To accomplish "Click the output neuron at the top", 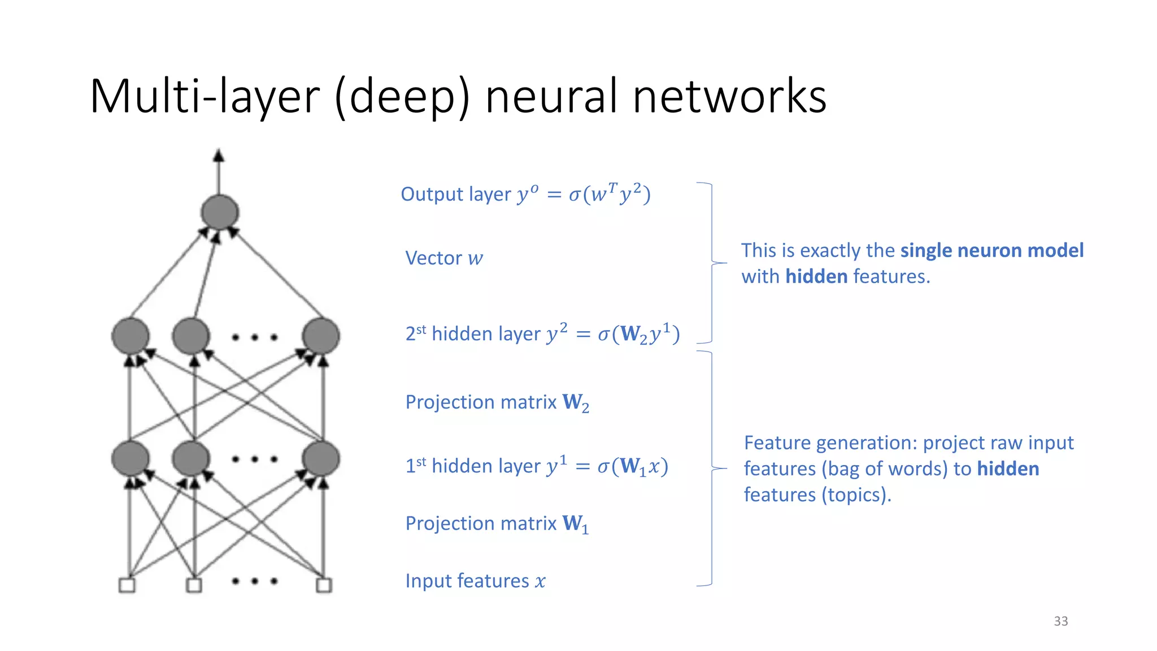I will coord(220,212).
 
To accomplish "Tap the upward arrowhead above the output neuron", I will coord(219,155).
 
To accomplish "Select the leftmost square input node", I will coord(127,585).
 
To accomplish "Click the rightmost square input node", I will coord(324,585).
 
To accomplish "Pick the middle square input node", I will coord(194,585).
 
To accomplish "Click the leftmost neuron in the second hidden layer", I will coord(131,336).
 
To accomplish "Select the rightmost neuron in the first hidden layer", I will coord(321,458).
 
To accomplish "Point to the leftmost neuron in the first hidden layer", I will coord(131,458).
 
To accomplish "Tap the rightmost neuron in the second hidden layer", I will coord(321,336).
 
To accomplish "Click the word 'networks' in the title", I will coord(729,96).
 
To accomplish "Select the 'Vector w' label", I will coord(444,258).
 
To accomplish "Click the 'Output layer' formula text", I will coord(525,194).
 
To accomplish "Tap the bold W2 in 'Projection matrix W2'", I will coord(576,403).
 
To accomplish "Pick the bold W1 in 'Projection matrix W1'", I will coord(576,524).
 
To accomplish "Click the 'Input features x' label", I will coord(475,581).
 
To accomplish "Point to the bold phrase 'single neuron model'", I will coord(991,250).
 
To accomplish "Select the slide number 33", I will coord(1060,621).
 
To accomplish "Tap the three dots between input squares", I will coord(255,581).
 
